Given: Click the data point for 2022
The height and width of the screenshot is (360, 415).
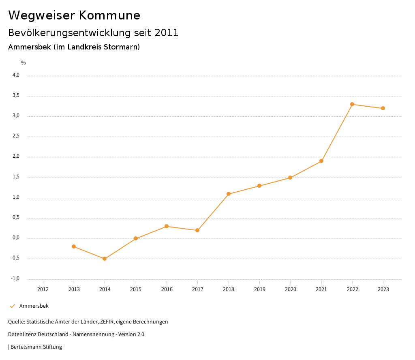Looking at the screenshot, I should (352, 104).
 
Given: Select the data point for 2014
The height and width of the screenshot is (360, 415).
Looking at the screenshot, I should (105, 259).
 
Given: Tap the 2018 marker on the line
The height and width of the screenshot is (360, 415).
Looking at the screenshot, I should (229, 194).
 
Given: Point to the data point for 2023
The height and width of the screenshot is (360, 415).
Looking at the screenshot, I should (383, 108).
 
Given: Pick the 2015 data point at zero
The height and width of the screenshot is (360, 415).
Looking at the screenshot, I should (136, 238).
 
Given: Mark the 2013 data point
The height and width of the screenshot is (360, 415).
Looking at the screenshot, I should (74, 246).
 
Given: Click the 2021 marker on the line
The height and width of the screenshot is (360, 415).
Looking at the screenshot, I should (321, 161).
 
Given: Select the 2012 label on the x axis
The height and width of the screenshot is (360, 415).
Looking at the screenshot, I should (43, 289).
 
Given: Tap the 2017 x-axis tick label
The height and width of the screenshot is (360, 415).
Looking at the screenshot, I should (197, 289).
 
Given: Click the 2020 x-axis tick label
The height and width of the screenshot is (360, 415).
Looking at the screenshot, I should (290, 289).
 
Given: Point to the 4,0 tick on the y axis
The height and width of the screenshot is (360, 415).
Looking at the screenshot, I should (16, 75).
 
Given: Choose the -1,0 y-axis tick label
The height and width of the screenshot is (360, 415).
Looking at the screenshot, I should (15, 279).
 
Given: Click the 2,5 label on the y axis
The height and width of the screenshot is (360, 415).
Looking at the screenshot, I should (16, 136).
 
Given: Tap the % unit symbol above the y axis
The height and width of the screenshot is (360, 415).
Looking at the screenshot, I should (24, 63).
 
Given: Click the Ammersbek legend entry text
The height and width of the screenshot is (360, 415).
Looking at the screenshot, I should (34, 306).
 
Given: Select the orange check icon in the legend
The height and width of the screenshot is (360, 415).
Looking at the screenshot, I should (12, 306).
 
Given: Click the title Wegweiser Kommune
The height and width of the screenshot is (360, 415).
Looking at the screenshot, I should (74, 15).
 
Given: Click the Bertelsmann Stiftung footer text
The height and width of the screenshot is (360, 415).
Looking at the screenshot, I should (36, 347).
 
